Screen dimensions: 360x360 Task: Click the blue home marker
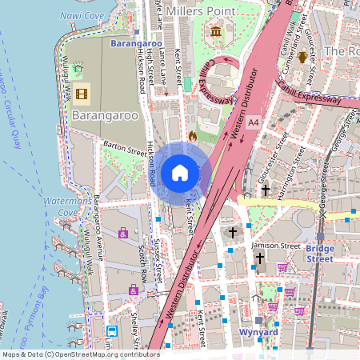(x=180, y=172)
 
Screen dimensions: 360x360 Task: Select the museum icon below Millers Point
(x=216, y=32)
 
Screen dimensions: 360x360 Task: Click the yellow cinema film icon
(x=82, y=94)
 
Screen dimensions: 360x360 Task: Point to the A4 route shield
(x=254, y=122)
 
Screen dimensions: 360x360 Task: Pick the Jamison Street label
(x=274, y=246)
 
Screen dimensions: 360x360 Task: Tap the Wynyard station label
(x=258, y=331)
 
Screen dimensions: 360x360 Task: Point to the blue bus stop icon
(x=111, y=330)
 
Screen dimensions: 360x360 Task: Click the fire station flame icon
(x=193, y=137)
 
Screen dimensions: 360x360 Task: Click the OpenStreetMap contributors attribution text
(x=80, y=354)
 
